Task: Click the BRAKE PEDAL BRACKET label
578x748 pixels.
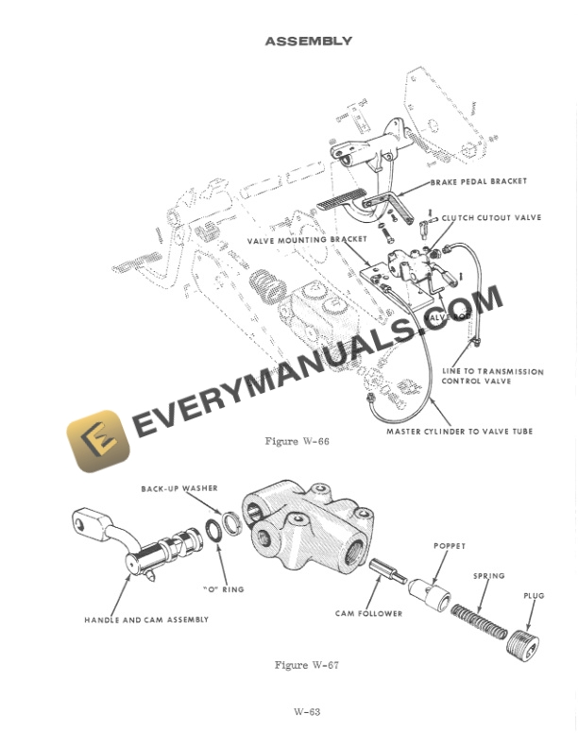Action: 479,181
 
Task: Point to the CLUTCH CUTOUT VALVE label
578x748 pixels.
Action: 491,217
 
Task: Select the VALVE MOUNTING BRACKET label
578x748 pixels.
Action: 307,241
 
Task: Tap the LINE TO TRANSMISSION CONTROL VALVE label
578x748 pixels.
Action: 493,377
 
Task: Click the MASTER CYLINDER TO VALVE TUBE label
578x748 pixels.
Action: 459,432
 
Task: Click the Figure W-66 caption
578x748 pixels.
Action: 297,441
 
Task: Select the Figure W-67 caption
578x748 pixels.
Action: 306,665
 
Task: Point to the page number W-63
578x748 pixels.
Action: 307,711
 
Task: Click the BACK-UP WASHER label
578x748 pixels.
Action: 179,488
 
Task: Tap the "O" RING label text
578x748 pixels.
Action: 223,589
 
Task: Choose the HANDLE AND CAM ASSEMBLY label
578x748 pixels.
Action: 146,620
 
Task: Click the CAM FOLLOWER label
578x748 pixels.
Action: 368,613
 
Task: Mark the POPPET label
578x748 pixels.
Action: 450,546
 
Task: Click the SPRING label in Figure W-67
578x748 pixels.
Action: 488,575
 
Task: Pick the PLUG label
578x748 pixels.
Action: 534,596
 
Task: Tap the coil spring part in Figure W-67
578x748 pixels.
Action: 482,624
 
